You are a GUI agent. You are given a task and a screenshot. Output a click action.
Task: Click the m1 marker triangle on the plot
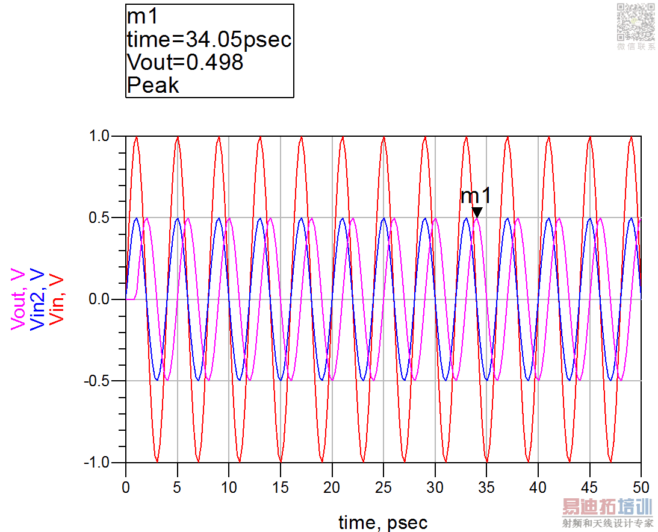click(x=477, y=212)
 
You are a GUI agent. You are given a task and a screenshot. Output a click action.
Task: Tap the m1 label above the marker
click(x=476, y=196)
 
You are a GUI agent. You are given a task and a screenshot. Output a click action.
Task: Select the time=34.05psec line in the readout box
click(x=209, y=40)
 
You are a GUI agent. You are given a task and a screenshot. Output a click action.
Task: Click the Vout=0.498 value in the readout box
click(x=185, y=62)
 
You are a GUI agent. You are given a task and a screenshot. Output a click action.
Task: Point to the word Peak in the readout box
click(x=153, y=85)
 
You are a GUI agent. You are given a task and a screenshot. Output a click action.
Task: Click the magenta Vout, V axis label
click(x=19, y=299)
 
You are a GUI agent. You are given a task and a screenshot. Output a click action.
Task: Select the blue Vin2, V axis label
click(x=37, y=299)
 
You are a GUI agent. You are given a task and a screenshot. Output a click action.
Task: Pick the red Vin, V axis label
click(x=56, y=299)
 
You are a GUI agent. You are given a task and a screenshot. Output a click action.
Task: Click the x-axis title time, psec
click(x=383, y=522)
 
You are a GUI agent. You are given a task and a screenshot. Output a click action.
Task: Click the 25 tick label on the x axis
click(x=383, y=486)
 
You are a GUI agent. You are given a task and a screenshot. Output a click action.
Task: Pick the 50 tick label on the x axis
click(x=641, y=486)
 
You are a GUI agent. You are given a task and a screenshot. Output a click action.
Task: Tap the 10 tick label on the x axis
click(x=228, y=486)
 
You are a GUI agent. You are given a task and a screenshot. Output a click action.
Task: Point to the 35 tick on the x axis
click(x=486, y=486)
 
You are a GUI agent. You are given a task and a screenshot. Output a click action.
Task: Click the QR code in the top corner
click(x=636, y=22)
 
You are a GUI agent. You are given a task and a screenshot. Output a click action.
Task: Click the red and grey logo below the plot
click(x=607, y=513)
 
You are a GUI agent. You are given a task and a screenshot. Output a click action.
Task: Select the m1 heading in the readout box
click(x=143, y=17)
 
